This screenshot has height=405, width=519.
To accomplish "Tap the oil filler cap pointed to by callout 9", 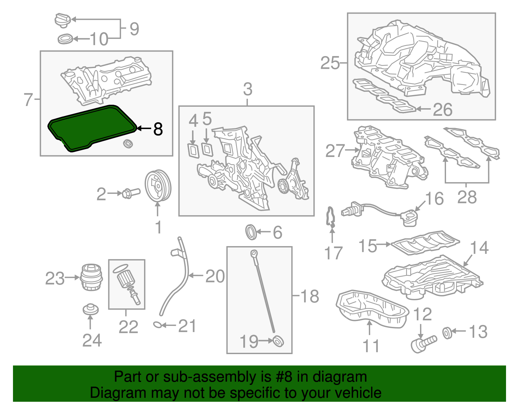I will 62,20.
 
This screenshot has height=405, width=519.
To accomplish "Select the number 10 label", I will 99,40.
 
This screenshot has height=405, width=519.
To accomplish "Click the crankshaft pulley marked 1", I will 158,186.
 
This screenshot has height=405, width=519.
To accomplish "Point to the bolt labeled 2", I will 131,193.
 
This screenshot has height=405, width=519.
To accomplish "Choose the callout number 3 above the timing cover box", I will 247,89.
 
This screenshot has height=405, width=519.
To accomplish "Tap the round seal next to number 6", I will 251,232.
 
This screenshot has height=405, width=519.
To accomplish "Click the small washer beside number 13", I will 447,333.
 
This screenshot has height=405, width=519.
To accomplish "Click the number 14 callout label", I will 479,248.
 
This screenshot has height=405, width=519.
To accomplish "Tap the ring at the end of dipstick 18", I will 254,253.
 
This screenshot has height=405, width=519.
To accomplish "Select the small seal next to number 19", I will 278,341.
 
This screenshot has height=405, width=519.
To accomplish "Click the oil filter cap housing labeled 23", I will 91,277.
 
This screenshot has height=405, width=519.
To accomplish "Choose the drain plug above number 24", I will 90,309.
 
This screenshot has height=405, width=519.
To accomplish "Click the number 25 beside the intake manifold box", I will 330,63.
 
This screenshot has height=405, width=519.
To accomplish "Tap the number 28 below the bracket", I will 467,197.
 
